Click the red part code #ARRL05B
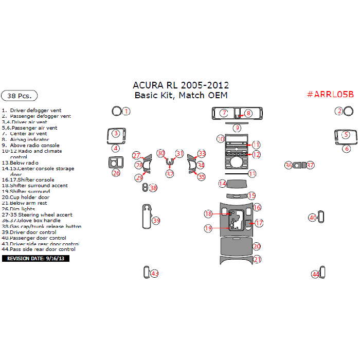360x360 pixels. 330,94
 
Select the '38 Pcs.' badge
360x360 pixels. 20,96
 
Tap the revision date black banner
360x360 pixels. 35,258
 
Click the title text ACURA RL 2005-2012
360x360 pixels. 181,85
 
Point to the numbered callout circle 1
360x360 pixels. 126,111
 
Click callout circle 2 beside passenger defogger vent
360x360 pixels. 339,111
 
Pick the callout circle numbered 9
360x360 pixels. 237,128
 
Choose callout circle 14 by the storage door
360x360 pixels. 223,184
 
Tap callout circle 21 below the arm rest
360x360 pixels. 257,259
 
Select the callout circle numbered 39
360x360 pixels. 156,221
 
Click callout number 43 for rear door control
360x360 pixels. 155,274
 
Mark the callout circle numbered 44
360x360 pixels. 315,274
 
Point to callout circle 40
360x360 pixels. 312,218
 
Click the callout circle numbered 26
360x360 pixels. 116,173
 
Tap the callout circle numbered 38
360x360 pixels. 153,188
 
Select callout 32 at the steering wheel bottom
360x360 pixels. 170,174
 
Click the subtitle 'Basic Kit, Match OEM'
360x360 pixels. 181,95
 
